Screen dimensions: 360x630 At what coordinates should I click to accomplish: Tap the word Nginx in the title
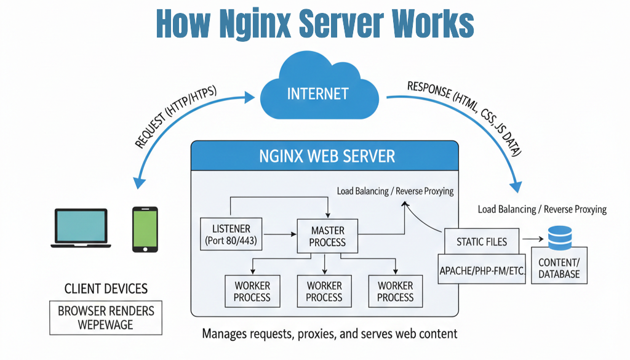[253, 23]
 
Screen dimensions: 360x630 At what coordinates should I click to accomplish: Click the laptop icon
[81, 228]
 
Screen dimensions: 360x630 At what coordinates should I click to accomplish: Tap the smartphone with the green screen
[145, 229]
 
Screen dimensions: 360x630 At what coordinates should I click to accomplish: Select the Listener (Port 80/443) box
[231, 234]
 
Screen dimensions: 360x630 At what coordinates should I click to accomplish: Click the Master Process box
[327, 236]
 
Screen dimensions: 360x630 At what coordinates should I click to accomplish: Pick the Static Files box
[482, 241]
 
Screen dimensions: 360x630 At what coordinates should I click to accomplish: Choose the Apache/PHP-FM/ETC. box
[482, 270]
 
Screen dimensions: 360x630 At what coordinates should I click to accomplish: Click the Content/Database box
[559, 268]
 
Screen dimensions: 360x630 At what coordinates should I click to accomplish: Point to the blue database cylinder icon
[559, 237]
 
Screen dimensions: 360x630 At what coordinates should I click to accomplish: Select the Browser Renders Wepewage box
[106, 317]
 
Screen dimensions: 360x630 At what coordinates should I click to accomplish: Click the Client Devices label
[106, 288]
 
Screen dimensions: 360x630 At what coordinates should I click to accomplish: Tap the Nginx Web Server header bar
[325, 156]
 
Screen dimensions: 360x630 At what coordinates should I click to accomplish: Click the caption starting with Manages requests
[330, 334]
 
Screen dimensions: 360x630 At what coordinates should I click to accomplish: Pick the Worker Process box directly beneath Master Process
[324, 291]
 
